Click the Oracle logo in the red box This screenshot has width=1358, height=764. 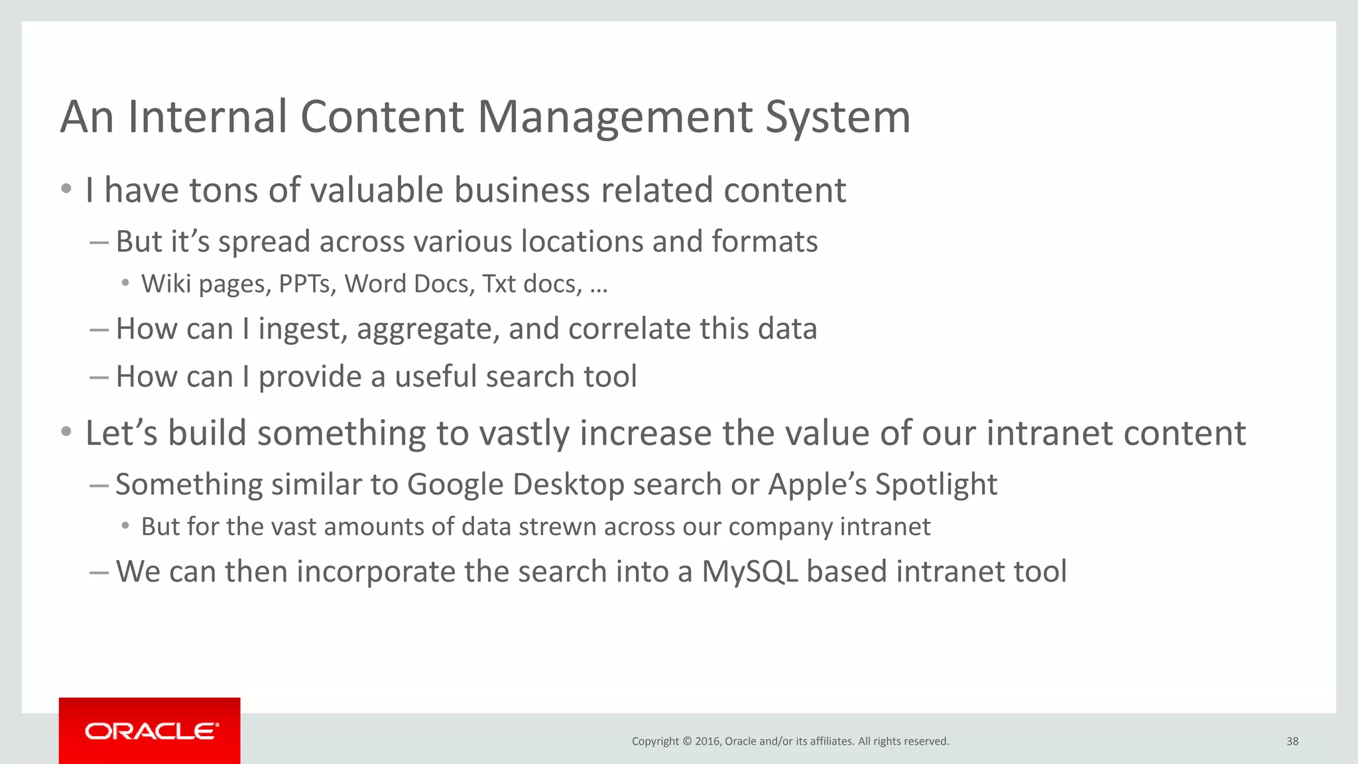[151, 731]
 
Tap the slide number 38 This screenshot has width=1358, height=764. [1292, 741]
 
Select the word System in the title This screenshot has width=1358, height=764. [838, 117]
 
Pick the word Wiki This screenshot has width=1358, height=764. [166, 284]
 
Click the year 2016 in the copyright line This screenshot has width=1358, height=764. [708, 741]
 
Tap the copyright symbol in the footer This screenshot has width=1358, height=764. [687, 741]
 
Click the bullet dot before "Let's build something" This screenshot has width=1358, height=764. [66, 433]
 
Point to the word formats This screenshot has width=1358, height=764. [765, 241]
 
